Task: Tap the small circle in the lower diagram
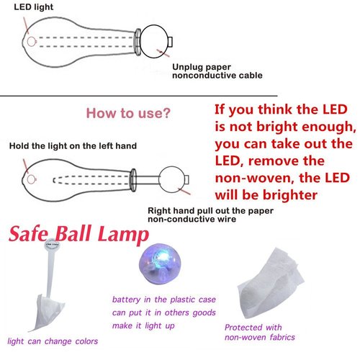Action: click(x=171, y=177)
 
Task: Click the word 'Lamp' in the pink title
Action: click(x=125, y=235)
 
